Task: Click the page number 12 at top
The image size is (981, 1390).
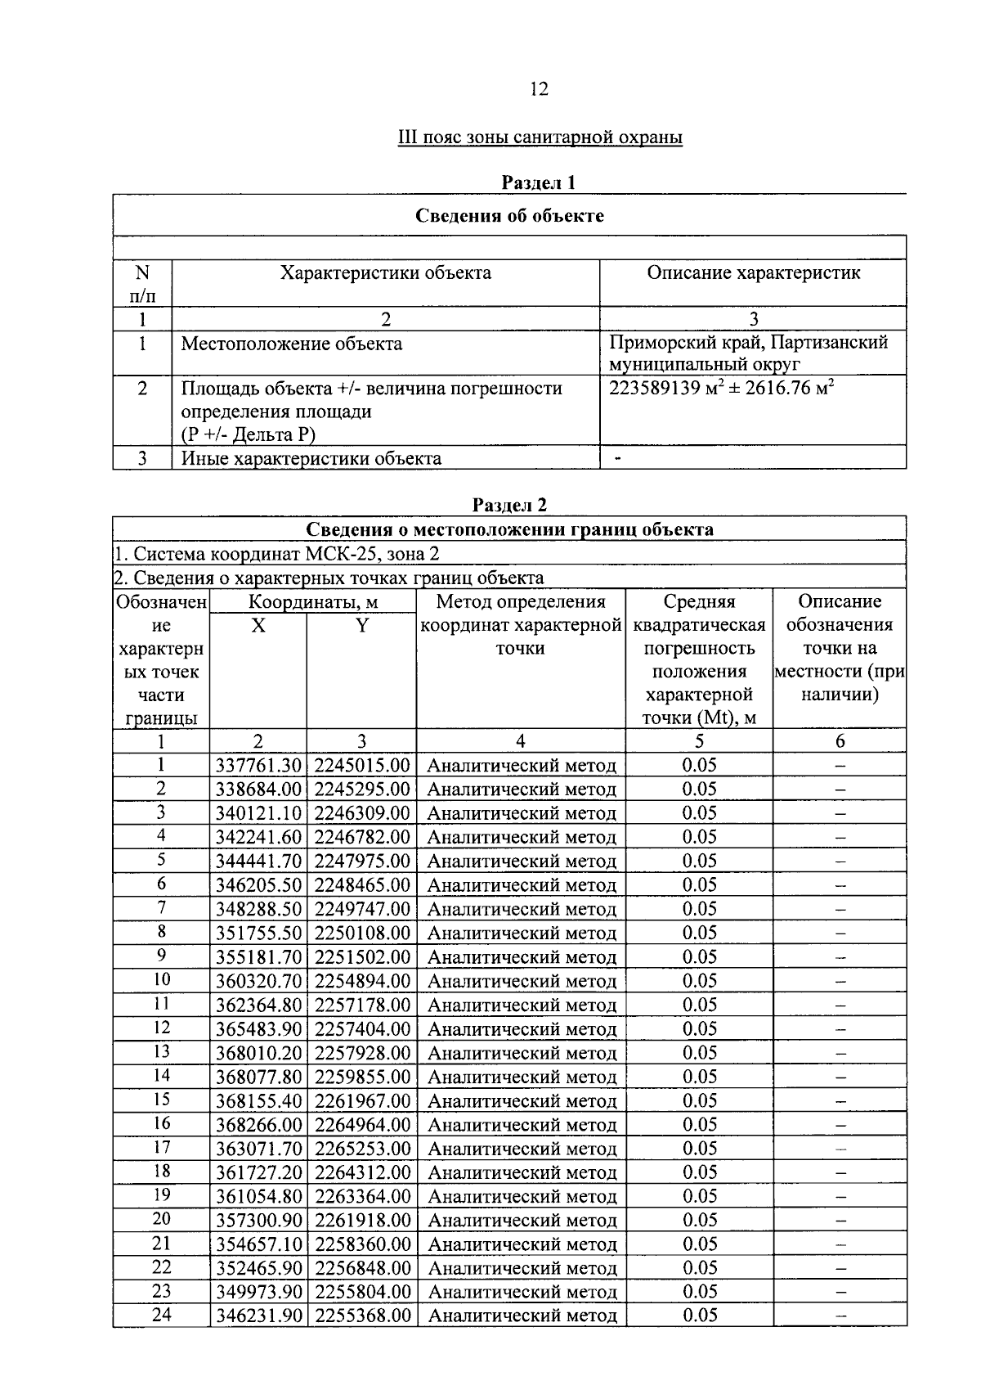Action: (x=539, y=89)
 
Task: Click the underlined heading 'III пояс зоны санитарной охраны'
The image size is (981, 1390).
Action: (x=539, y=137)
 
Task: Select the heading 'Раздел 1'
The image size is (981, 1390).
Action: (x=538, y=182)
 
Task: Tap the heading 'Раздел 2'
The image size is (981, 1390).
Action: (x=509, y=505)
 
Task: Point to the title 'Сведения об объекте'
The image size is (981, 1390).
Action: (x=509, y=215)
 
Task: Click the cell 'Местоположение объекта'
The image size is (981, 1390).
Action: (x=291, y=344)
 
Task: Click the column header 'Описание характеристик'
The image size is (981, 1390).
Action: (x=753, y=272)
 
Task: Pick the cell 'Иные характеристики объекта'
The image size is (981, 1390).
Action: (x=311, y=458)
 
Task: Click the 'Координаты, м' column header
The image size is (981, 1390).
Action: (x=312, y=602)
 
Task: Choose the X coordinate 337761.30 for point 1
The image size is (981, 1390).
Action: (x=258, y=766)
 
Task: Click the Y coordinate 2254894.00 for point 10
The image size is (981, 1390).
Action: (x=362, y=981)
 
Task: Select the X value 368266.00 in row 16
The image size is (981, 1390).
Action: (x=258, y=1125)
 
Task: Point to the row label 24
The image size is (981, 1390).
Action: (x=161, y=1316)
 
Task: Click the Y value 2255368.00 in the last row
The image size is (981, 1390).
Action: (x=362, y=1316)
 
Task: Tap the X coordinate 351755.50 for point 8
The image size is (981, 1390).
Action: (x=258, y=933)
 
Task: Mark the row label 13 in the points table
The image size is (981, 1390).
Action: (x=161, y=1052)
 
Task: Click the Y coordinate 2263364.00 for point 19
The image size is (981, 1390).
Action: (x=362, y=1197)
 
